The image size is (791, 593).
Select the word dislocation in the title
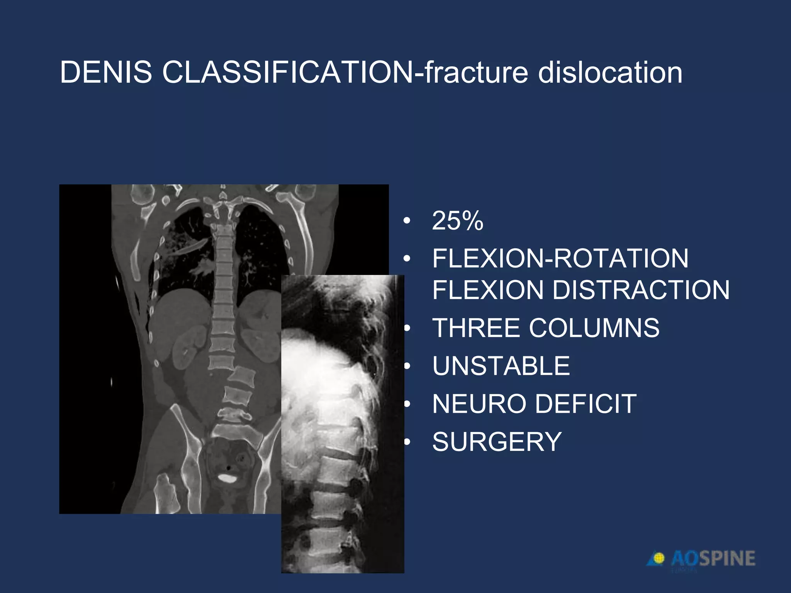610,72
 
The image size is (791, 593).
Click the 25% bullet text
458,221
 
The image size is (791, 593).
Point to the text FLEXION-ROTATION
560,258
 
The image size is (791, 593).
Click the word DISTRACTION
641,290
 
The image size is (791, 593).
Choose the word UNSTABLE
501,366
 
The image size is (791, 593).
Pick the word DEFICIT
587,404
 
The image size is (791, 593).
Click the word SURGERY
497,442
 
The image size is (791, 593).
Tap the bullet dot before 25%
406,221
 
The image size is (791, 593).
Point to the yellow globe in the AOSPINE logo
659,558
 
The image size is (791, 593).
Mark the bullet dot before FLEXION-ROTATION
406,259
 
